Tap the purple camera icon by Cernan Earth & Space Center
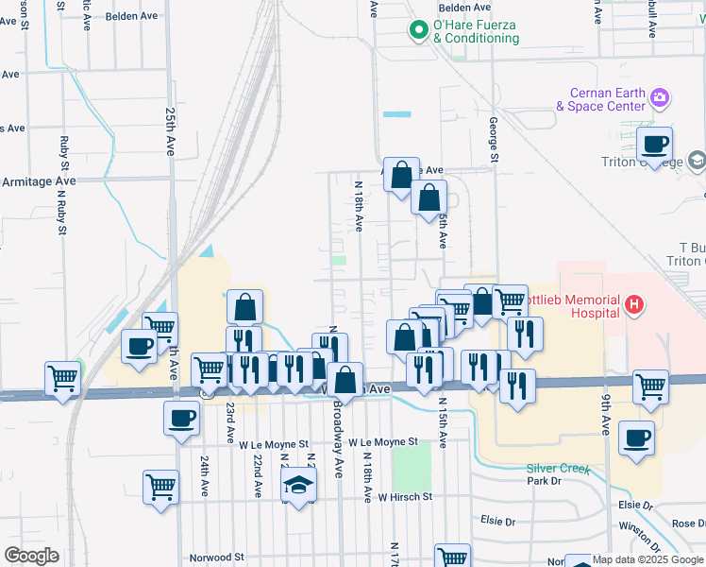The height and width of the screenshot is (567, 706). (x=660, y=97)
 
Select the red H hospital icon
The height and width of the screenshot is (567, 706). (x=635, y=304)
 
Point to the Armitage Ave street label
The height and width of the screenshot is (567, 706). (x=38, y=180)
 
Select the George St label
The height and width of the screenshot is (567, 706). (x=493, y=140)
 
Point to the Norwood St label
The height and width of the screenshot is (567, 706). (x=216, y=558)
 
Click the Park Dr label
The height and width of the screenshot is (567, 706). (x=544, y=481)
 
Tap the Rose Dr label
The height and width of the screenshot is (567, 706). (x=687, y=524)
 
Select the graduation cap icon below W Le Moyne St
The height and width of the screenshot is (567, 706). (x=299, y=486)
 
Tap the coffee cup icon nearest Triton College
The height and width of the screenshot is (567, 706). (x=653, y=145)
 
